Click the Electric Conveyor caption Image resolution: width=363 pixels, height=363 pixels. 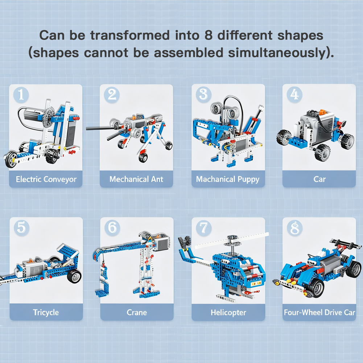[x=46, y=179]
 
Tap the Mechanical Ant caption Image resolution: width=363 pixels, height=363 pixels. [x=136, y=179]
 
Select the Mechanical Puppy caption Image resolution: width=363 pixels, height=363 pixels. [x=228, y=179]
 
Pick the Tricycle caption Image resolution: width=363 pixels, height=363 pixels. [x=46, y=312]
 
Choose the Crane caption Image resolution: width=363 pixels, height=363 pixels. [x=137, y=312]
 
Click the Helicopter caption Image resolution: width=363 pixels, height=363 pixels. [x=228, y=312]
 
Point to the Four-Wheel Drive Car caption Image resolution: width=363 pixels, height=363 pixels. [x=319, y=312]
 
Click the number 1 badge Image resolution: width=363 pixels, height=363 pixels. [x=21, y=94]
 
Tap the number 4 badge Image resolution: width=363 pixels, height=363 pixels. [x=294, y=94]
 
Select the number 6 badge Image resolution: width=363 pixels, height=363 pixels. [x=112, y=227]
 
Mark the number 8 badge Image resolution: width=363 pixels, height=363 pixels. [x=294, y=228]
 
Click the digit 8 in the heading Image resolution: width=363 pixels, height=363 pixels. [x=204, y=36]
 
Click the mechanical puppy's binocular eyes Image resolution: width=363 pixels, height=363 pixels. [x=224, y=107]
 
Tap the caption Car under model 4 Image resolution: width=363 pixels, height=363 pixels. [x=319, y=179]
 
